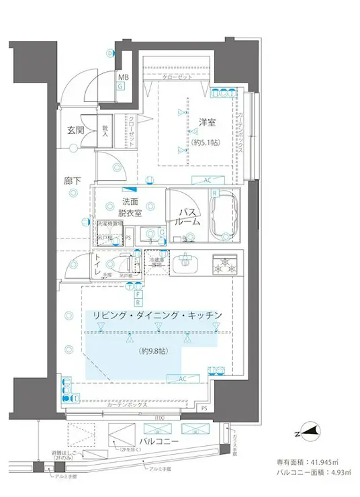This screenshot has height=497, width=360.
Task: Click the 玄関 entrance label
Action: [x=75, y=130]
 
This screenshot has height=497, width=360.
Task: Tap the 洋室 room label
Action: [x=206, y=123]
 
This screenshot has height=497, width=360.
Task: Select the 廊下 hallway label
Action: [x=73, y=181]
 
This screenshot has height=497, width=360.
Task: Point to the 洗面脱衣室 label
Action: [x=131, y=208]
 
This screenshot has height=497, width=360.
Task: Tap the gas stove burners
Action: [x=226, y=265]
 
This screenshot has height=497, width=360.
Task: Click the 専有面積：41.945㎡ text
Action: [x=308, y=462]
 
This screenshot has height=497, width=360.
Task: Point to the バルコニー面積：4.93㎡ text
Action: [x=308, y=473]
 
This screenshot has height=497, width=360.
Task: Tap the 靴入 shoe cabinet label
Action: [x=105, y=131]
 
